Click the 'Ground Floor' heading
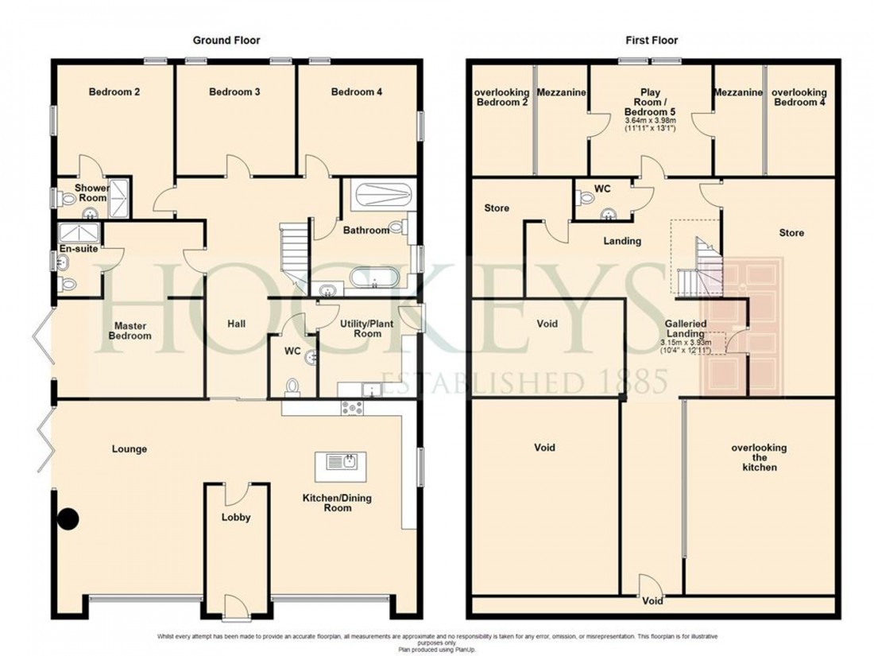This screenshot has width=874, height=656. pos(226,40)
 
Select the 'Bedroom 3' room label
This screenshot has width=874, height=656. pos(235,92)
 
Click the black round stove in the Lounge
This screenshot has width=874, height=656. pos(70,520)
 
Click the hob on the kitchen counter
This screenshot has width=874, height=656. pos(352,409)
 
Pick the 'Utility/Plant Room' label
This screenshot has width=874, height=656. pos(361,328)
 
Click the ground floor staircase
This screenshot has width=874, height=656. pos(294,253)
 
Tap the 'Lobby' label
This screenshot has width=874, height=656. pos(236,518)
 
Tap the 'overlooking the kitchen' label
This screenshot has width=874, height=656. pos(753,457)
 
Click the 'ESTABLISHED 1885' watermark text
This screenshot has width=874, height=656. pos(524,384)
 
